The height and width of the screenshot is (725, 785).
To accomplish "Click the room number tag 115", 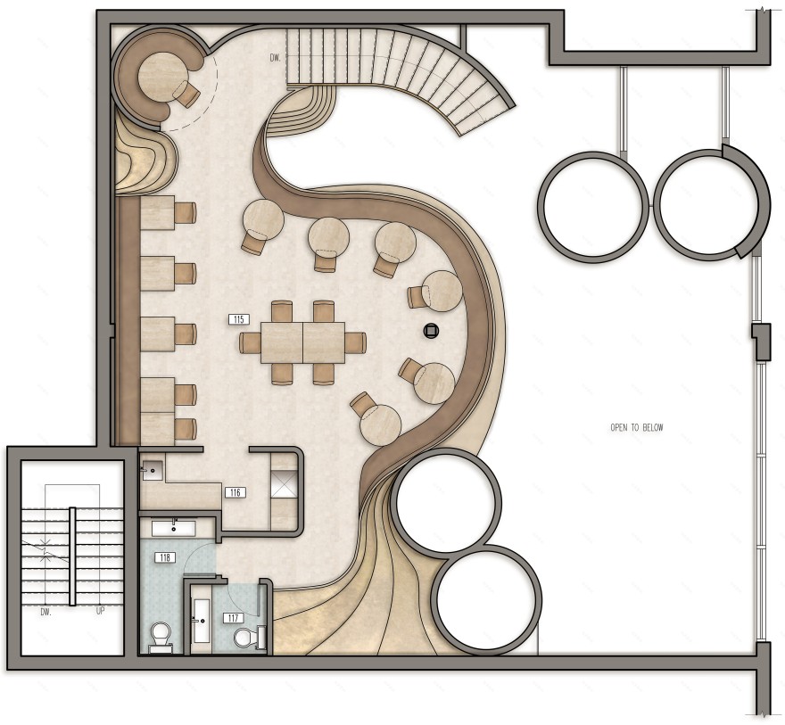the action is coord(239,319).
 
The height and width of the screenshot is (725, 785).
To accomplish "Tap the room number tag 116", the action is coord(235,493).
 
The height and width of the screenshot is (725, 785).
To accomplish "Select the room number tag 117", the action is coord(233,618).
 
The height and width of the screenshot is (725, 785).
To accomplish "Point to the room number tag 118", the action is coord(165,556).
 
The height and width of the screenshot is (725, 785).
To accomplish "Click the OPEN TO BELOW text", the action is coord(637,427).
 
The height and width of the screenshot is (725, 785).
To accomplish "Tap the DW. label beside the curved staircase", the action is coord(276,58).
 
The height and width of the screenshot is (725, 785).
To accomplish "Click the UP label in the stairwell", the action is coord(100,611).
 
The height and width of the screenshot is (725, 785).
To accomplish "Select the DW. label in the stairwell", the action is coord(45,612).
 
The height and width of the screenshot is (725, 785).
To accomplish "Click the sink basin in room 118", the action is coord(174,528).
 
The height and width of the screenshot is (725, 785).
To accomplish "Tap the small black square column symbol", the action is coord(431,330).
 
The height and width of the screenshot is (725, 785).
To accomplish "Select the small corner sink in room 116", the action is coord(153,470).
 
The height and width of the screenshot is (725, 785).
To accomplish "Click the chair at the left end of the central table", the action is coord(250,342).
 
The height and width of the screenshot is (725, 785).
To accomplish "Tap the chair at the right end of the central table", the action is coord(356,342).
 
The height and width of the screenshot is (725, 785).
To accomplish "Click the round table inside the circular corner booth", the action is coord(158,75).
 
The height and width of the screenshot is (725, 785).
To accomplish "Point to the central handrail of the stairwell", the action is coord(72,556).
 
